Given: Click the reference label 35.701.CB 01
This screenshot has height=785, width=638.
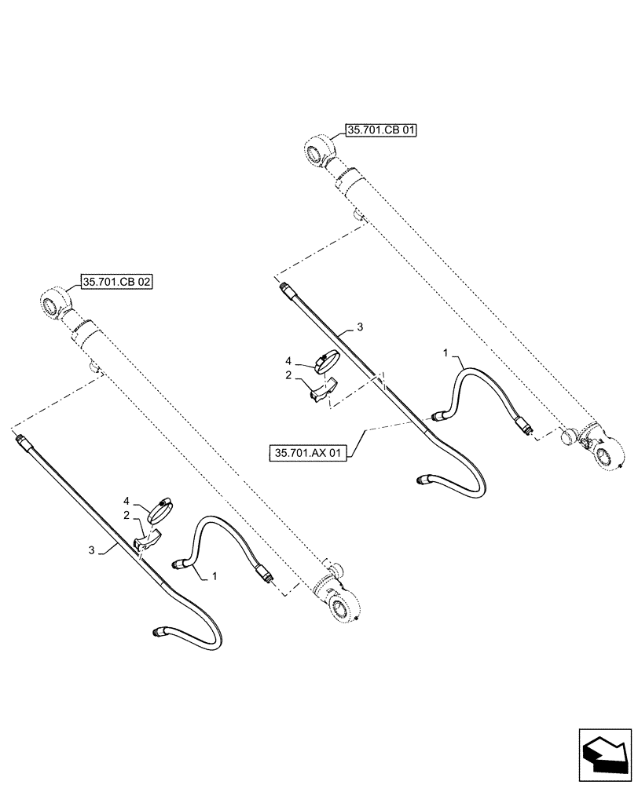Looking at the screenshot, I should click(x=380, y=130).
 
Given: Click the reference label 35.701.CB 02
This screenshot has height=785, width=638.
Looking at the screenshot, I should click(x=116, y=283).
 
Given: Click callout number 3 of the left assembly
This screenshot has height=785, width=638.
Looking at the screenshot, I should click(x=92, y=551).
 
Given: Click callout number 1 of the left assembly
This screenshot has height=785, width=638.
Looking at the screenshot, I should click(x=214, y=576).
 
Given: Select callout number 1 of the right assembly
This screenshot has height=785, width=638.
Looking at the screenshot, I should click(x=445, y=355).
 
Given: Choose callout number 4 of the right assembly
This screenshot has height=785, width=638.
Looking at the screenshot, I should click(x=288, y=362).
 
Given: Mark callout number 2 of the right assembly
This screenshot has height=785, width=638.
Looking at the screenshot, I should click(x=288, y=376).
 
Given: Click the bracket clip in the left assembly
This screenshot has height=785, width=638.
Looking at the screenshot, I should click(x=148, y=542).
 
